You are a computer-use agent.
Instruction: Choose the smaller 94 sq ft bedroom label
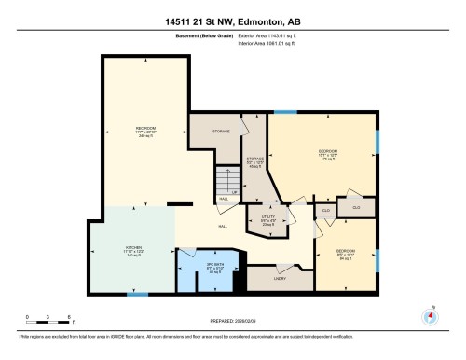point(345,254)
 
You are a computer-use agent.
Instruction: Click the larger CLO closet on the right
point(355,206)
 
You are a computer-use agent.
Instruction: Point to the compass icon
point(430,315)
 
